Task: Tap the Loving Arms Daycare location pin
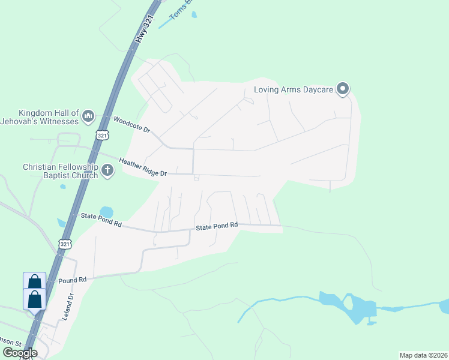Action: [x=343, y=89]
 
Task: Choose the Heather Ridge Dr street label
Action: [x=142, y=167]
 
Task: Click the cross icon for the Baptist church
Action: [x=107, y=171]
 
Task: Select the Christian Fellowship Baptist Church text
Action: [x=60, y=171]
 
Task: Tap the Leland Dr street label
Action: [x=70, y=304]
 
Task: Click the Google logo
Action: [x=20, y=352]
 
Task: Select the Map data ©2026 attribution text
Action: [x=423, y=355]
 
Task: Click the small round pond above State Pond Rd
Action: [x=106, y=211]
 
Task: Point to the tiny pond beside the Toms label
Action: [x=194, y=14]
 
